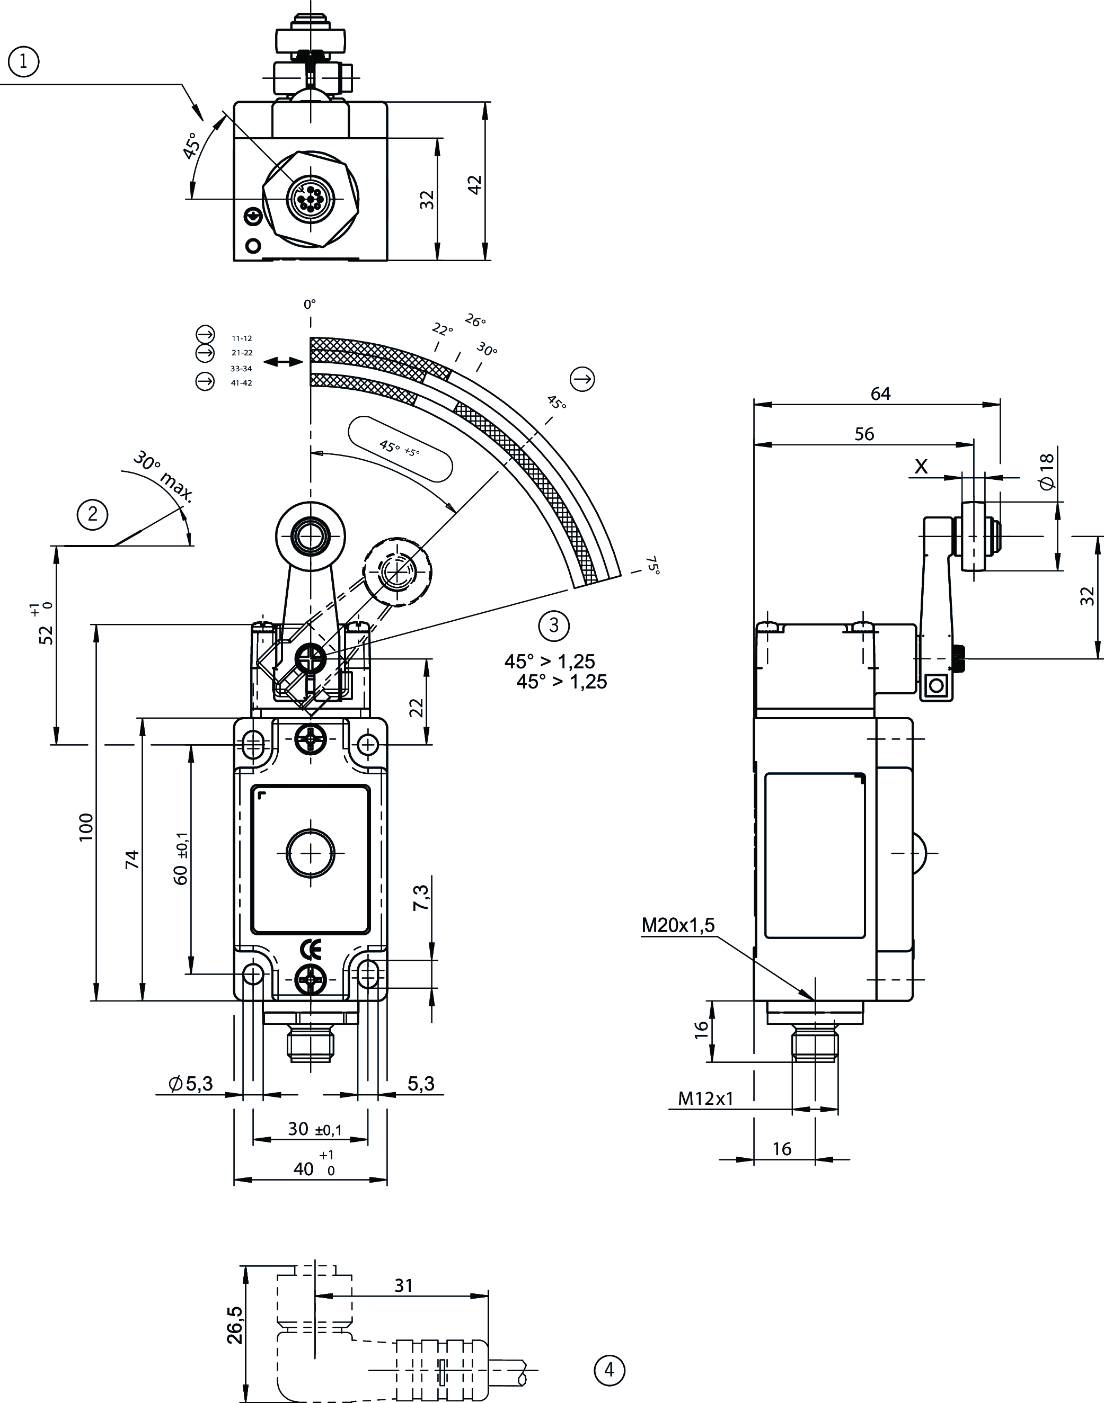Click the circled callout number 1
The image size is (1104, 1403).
[24, 62]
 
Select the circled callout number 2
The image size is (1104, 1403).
[92, 514]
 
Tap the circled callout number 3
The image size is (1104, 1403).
[553, 625]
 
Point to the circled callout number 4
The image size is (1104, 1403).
[609, 1370]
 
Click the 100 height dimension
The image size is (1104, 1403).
[86, 827]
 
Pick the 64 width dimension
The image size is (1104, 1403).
[880, 394]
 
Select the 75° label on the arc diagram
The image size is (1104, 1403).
[653, 565]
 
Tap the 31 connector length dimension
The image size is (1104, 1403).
[403, 1285]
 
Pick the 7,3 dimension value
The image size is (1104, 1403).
[421, 897]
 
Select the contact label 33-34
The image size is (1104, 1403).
[241, 369]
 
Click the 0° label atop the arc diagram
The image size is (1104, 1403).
[310, 303]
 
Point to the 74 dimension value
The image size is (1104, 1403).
[132, 859]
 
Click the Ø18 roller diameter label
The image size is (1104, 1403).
[1047, 471]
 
